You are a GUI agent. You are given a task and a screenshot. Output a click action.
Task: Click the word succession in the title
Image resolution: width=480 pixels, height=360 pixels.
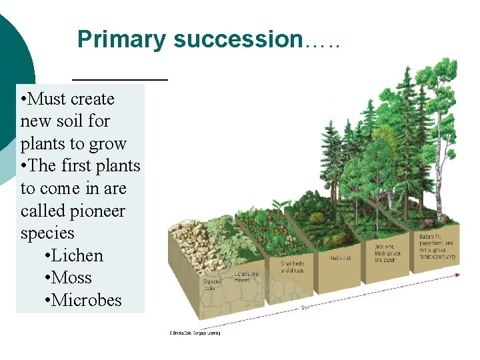pos(238,39)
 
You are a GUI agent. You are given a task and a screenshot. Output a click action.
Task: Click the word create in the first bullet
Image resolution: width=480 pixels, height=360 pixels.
pos(89,99)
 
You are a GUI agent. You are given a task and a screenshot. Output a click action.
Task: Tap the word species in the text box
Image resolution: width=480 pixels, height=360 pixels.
pos(47,233)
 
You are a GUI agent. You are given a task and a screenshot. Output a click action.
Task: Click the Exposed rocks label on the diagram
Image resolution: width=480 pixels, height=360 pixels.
pos(212,285)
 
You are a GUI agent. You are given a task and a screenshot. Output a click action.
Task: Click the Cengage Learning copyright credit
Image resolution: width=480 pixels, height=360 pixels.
pos(195,332)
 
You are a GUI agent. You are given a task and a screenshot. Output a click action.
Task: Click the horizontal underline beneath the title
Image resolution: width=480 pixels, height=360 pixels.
pos(119,79)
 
